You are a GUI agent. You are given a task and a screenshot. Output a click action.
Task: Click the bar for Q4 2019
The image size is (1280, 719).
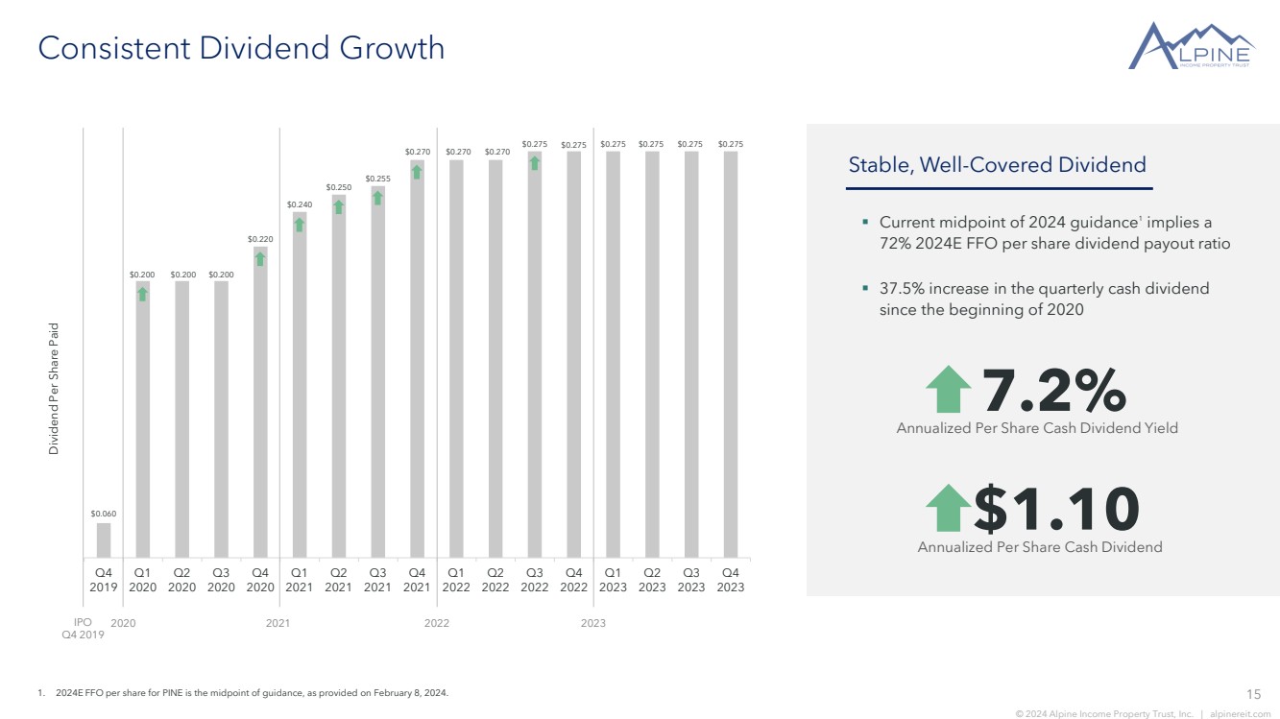104,540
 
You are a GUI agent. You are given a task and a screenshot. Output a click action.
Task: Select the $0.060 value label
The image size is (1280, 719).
104,514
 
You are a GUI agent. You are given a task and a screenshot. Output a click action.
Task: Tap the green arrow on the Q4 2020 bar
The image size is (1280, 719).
260,259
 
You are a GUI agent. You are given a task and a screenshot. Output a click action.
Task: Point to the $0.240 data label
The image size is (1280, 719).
300,204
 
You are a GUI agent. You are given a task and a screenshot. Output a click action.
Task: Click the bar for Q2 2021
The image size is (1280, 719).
339,376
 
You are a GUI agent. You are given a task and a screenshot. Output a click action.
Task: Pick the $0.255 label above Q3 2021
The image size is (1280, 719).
377,179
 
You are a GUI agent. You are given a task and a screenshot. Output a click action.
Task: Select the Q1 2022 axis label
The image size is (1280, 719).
456,580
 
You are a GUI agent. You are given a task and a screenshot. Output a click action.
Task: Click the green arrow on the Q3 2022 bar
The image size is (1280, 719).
534,163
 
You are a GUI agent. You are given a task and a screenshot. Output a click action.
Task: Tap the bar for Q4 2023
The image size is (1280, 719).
731,354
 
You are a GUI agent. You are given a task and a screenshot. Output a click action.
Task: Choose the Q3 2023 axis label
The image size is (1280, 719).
690,580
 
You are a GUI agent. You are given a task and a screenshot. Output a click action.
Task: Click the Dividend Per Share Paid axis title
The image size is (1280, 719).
53,389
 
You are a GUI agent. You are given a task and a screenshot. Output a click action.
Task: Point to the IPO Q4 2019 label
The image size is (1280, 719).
83,628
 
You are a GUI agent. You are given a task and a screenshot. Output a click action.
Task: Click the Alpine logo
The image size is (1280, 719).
1191,46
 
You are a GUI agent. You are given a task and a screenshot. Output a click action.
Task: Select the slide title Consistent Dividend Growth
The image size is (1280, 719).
241,47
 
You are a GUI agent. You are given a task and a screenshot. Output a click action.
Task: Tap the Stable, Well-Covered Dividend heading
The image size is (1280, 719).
997,164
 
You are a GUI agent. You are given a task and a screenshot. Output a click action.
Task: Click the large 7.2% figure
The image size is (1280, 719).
1054,390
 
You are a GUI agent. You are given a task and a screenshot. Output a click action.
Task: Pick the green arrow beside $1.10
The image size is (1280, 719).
948,508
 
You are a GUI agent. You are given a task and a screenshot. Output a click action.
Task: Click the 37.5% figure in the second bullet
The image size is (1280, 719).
902,288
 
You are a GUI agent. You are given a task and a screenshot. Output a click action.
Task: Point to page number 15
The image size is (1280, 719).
1254,694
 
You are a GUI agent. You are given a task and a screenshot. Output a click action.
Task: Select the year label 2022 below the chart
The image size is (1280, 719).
437,623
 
